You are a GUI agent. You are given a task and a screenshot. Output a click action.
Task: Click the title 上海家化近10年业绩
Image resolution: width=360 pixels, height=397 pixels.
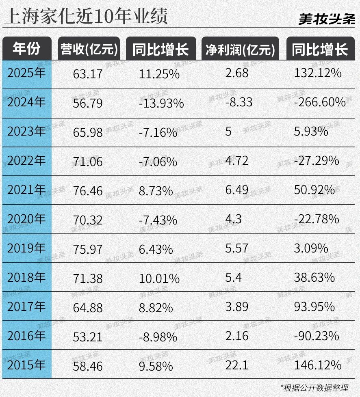85,17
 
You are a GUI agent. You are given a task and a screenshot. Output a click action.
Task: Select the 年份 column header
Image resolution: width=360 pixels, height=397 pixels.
27,49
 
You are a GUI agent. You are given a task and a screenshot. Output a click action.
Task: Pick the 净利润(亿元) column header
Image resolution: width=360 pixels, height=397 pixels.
240,50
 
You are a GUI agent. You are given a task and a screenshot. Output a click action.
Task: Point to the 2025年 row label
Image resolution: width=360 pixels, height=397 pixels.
27,73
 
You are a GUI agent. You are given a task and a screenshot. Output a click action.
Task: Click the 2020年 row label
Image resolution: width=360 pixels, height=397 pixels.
27,219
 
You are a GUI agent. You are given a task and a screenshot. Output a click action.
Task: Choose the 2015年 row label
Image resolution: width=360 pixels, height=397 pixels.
27,365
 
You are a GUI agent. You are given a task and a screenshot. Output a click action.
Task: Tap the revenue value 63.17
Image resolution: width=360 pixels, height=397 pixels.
88,74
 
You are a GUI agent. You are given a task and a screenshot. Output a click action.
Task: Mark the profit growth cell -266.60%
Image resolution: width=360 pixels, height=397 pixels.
319,102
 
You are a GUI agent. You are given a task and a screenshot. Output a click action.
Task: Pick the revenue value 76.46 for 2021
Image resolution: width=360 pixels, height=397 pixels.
88,190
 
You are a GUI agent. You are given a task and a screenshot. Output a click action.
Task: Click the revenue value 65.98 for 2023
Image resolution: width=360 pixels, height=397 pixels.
88,132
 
